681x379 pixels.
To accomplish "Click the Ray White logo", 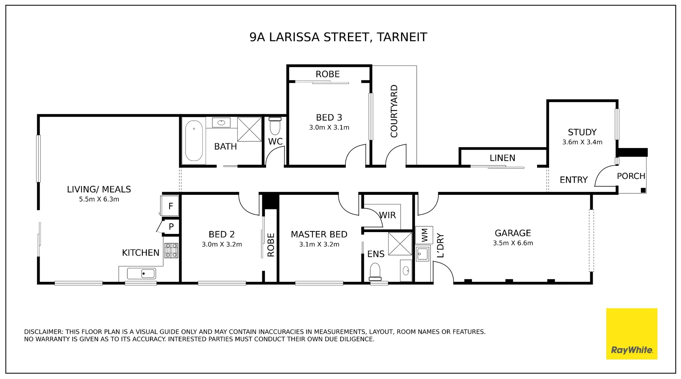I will pos(631,334).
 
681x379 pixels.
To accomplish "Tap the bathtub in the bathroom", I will pos(194,141).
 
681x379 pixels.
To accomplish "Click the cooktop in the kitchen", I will pos(171,250).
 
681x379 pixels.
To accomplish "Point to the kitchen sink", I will pos(141,274).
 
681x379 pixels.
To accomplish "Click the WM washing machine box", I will pos(424,235).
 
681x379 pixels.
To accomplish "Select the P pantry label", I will pos(171,226).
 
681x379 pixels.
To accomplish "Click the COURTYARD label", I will pos(394,111).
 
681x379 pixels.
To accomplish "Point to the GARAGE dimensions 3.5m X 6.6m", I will pos(513,243).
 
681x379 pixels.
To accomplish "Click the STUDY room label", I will pos(582,132).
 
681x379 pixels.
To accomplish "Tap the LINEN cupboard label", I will pos(502,158).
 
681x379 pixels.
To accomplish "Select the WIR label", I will pos(387,215).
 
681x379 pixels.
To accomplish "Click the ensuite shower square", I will pos(400,244).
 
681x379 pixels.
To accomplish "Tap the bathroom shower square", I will pos(249,129).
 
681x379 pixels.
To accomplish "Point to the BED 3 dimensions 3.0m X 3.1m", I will pos(329,127).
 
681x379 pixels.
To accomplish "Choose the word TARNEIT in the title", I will pos(402,37).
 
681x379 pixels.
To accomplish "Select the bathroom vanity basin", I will pos(221,123).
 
